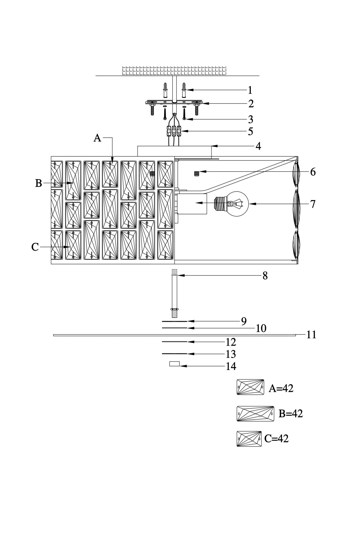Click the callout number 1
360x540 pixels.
pyautogui.click(x=250, y=90)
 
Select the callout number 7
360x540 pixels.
pyautogui.click(x=313, y=204)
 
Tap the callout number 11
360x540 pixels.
pyautogui.click(x=311, y=334)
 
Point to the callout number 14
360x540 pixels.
pyautogui.click(x=231, y=366)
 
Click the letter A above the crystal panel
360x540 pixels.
pyautogui.click(x=97, y=138)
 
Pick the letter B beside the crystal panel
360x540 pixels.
pyautogui.click(x=38, y=183)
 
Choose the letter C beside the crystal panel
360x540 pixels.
pyautogui.click(x=35, y=247)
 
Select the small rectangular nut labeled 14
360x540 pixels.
pyautogui.click(x=174, y=364)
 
